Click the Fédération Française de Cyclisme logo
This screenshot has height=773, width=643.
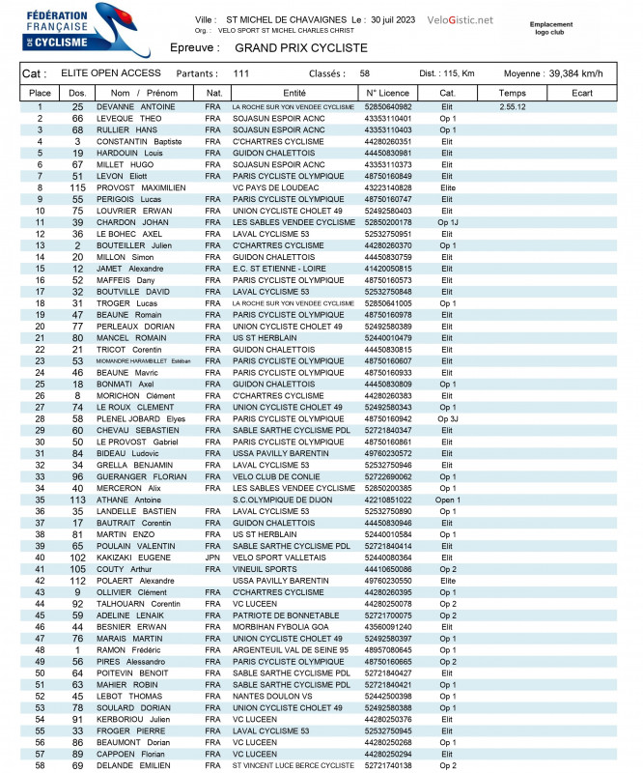coord(58,28)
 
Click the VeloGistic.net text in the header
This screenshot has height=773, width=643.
coord(461,20)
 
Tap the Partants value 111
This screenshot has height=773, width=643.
coord(241,73)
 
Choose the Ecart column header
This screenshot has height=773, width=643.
coord(582,93)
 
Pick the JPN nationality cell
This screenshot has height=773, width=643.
coord(212,558)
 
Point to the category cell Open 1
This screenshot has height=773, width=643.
coord(447,500)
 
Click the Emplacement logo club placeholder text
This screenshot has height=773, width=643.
coord(551,28)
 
